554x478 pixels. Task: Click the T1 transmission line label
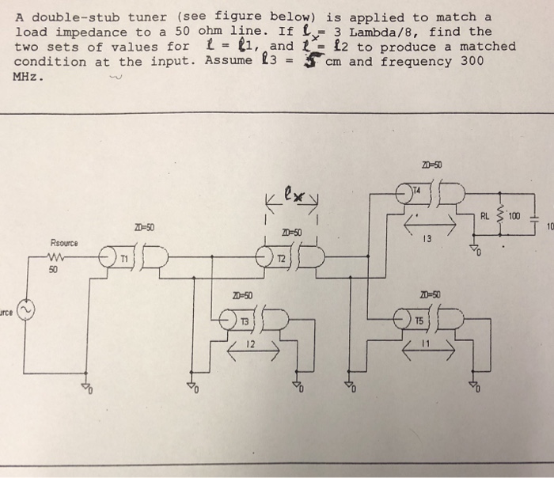[x=123, y=259]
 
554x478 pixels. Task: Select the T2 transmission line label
[x=281, y=259]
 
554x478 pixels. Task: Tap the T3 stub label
[x=245, y=322]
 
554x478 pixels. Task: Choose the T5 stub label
[x=419, y=321]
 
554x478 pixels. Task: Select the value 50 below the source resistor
[x=53, y=271]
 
